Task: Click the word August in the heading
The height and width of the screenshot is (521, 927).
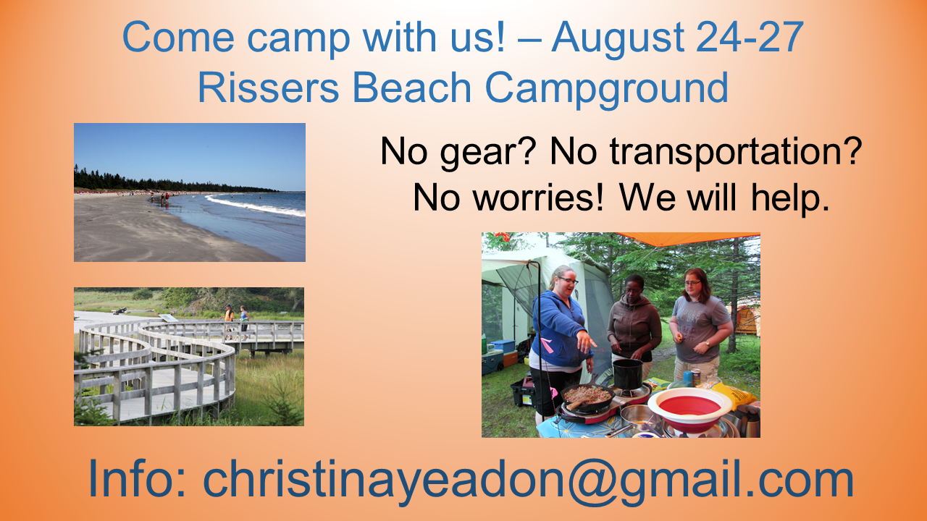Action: pyautogui.click(x=617, y=39)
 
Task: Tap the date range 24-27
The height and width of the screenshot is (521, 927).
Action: pyautogui.click(x=750, y=37)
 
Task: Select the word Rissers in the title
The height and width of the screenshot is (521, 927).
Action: pyautogui.click(x=269, y=88)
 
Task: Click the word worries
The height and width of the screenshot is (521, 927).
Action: pyautogui.click(x=538, y=198)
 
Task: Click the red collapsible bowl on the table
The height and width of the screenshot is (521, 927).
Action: pyautogui.click(x=689, y=410)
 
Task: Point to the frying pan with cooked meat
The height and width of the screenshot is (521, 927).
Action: pyautogui.click(x=587, y=397)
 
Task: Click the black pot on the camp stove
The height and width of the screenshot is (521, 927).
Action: pyautogui.click(x=627, y=374)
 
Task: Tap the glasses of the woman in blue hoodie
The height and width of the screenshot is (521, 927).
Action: pyautogui.click(x=569, y=280)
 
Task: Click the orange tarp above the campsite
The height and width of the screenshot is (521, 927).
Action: pyautogui.click(x=687, y=239)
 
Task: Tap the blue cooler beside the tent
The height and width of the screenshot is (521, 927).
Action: pyautogui.click(x=503, y=346)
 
